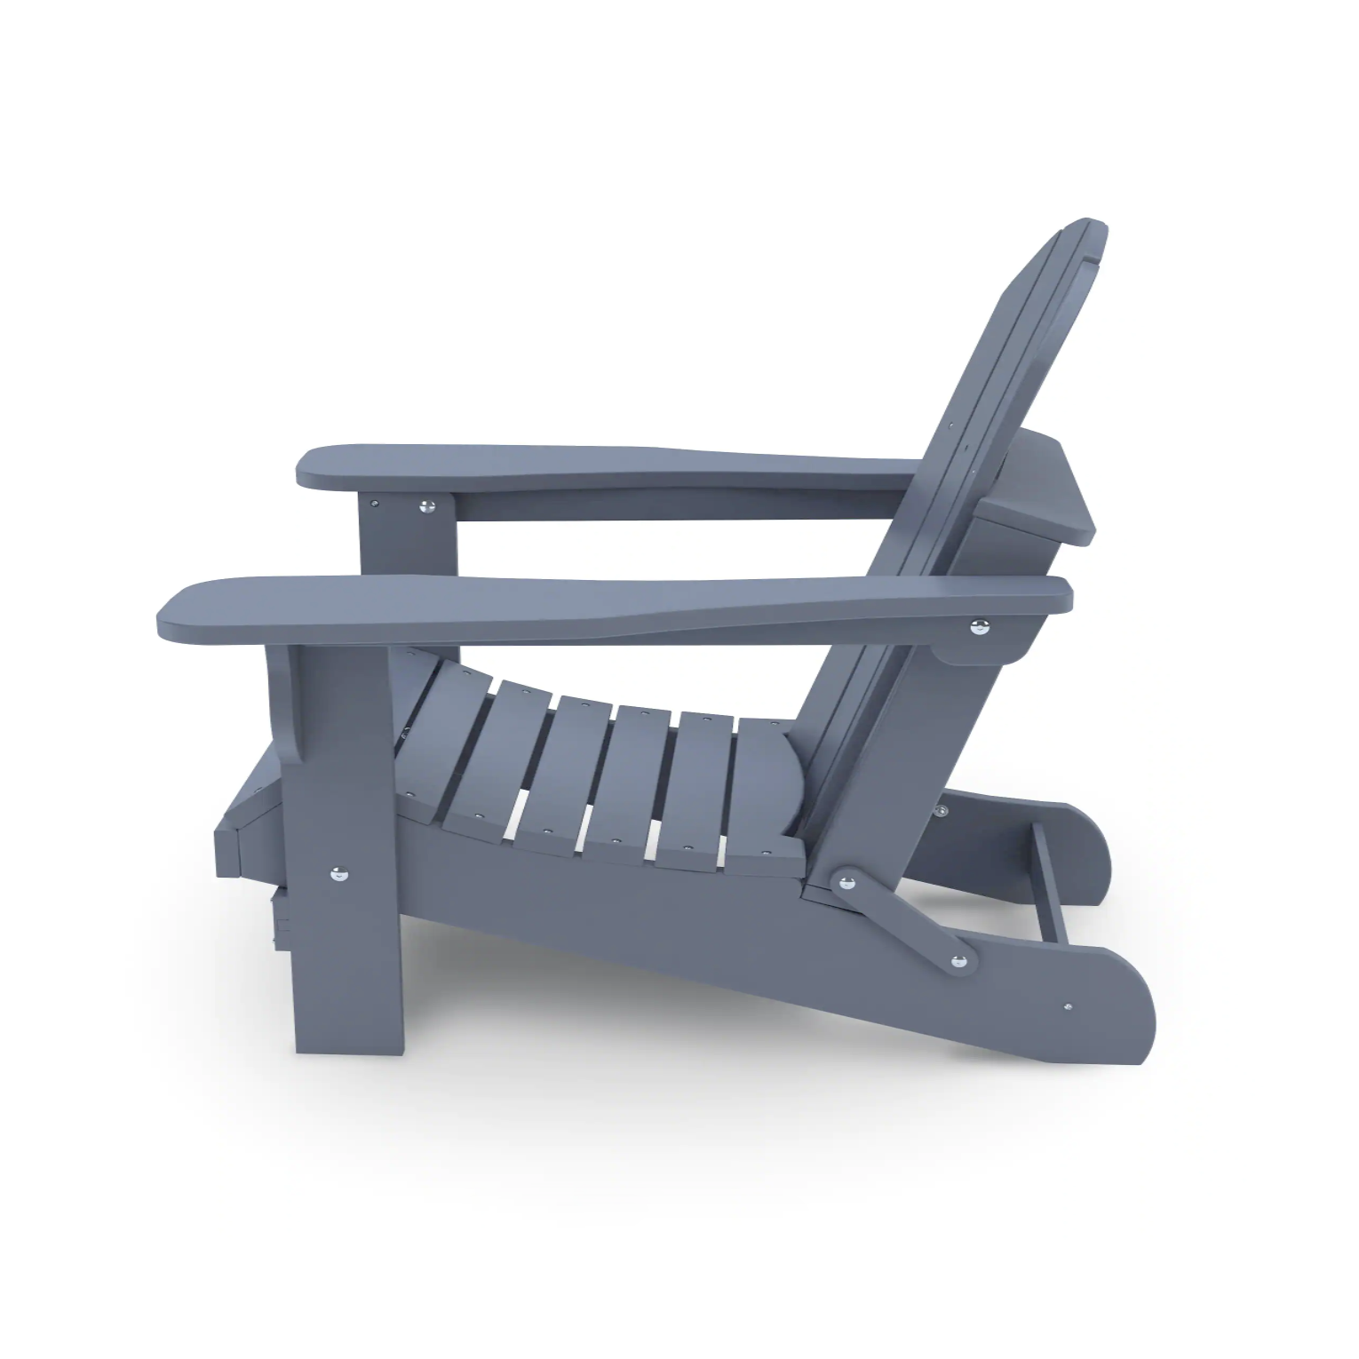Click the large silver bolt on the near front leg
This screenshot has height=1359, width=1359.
(338, 873)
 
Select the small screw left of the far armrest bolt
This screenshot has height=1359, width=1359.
(377, 503)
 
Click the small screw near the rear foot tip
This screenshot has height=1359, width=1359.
(1067, 1007)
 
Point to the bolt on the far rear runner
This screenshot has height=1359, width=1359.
(939, 810)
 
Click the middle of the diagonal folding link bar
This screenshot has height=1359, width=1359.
(902, 920)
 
